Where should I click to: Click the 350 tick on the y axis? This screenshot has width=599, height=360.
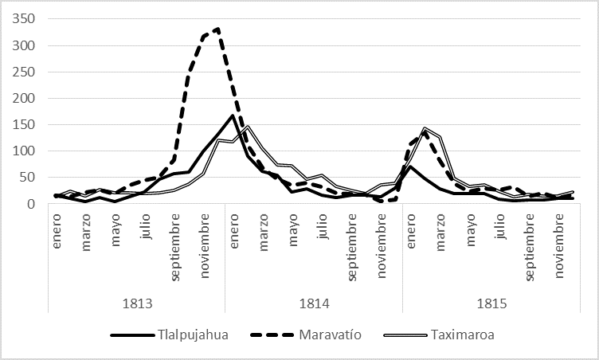tap(24, 19)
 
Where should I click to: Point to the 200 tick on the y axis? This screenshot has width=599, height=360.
tap(24, 98)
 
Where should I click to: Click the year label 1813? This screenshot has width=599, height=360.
tap(136, 303)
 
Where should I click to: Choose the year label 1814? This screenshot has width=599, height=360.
tap(314, 303)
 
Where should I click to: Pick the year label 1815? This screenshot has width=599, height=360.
tap(491, 303)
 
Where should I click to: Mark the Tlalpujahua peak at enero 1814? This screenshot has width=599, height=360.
tap(232, 115)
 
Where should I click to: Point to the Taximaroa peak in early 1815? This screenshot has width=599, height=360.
tap(425, 128)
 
